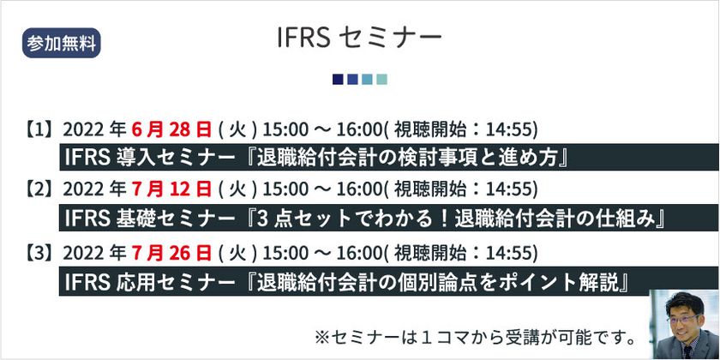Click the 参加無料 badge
coord(61,43)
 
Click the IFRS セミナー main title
coord(359,38)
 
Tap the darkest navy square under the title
coord(338,80)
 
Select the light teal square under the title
coord(381,80)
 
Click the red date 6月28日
coord(171,130)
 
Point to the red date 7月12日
coord(171,189)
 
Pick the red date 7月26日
coord(171,253)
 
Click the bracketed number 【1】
coord(39,130)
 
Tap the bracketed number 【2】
coord(39,189)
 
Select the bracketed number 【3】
coord(39,253)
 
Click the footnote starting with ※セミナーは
coord(475,339)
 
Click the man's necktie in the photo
coord(687,351)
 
